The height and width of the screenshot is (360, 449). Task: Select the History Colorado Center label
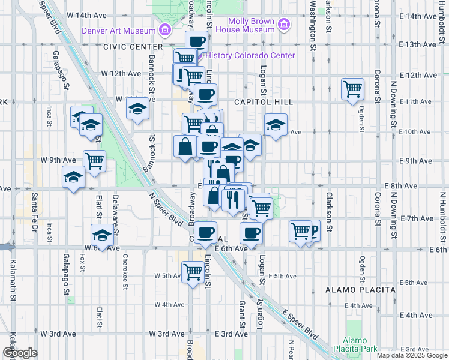(251, 55)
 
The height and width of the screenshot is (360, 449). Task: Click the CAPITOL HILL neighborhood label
(264, 102)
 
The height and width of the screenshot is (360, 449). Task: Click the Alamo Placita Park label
(360, 344)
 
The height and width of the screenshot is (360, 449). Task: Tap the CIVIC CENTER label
(133, 46)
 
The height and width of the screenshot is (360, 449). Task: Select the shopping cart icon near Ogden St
(352, 89)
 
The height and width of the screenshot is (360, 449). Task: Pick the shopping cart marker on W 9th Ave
(94, 160)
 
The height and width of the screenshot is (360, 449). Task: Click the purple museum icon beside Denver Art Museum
(164, 29)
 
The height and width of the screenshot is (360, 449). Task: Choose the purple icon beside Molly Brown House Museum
(284, 25)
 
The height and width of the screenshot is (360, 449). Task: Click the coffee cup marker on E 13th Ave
(196, 41)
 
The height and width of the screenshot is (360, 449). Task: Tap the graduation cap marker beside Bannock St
(137, 109)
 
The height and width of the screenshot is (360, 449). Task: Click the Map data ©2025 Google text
(411, 355)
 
